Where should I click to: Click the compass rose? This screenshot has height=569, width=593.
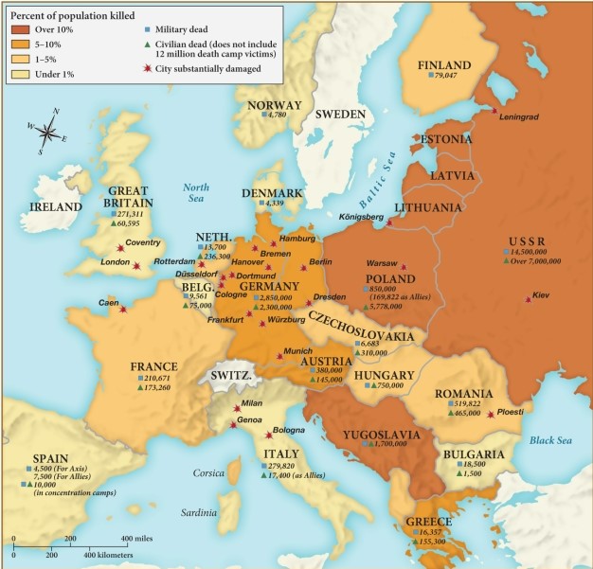click(45, 131)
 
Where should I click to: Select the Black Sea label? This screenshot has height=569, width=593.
click(555, 439)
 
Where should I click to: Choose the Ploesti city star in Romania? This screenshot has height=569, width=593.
click(490, 414)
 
